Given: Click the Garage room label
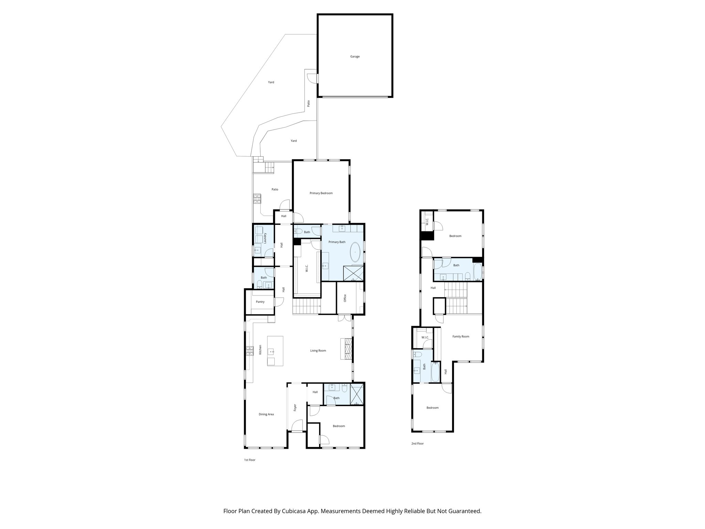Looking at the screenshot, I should (355, 56).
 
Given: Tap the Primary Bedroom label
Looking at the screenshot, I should (321, 193).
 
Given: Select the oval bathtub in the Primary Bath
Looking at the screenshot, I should (355, 252).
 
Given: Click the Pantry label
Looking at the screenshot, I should (260, 302).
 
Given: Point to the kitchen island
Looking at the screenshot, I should (275, 351).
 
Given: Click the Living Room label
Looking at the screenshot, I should (318, 351).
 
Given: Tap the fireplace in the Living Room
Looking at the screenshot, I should (347, 349).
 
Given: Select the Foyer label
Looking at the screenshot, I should (295, 408).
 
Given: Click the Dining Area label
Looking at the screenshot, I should (266, 414).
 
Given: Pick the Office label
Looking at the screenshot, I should (345, 298).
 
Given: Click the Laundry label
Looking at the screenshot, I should (265, 238).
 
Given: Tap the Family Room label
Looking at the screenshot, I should (461, 336).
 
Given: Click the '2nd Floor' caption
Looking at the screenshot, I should (417, 444).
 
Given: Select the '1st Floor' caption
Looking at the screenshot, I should (250, 460).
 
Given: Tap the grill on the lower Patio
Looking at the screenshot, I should (257, 198).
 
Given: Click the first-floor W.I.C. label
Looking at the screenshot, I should (306, 269).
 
